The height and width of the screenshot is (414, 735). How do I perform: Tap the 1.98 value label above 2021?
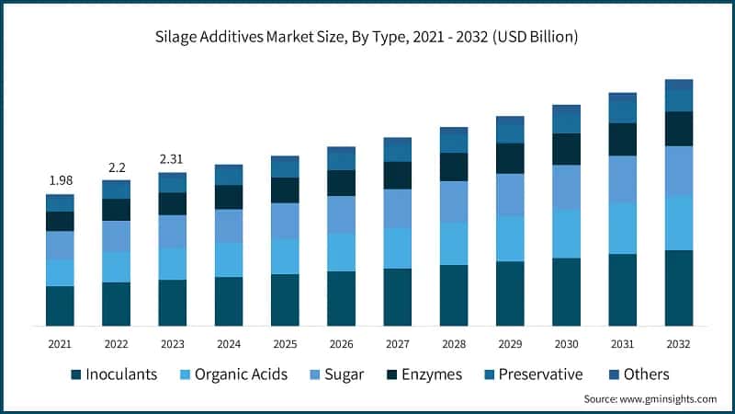pyautogui.click(x=60, y=178)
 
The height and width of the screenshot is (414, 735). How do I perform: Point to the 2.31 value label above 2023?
pyautogui.click(x=172, y=158)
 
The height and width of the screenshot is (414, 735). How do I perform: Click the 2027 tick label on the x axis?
pyautogui.click(x=397, y=343)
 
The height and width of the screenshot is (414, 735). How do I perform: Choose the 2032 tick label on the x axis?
pyautogui.click(x=678, y=343)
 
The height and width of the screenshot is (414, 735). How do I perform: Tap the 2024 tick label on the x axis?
pyautogui.click(x=228, y=343)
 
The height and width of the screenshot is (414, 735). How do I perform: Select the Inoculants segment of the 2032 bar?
pyautogui.click(x=678, y=288)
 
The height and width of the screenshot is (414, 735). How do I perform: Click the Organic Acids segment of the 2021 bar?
pyautogui.click(x=60, y=272)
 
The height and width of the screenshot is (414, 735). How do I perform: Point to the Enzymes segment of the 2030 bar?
pyautogui.click(x=566, y=149)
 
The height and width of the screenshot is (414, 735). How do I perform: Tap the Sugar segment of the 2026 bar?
pyautogui.click(x=341, y=214)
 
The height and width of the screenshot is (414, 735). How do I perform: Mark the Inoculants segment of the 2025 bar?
pyautogui.click(x=285, y=300)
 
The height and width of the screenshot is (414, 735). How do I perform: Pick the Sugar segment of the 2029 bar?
pyautogui.click(x=510, y=195)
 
